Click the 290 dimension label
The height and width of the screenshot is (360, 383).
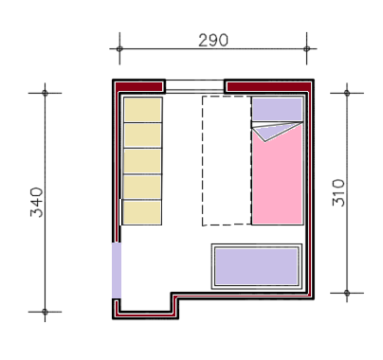pyautogui.click(x=213, y=40)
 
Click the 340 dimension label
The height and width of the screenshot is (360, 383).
pyautogui.click(x=37, y=202)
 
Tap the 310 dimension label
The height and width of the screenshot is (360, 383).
pyautogui.click(x=338, y=192)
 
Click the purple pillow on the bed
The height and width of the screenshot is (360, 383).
pyautogui.click(x=278, y=109)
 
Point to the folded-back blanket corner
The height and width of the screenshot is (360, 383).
pyautogui.click(x=272, y=132)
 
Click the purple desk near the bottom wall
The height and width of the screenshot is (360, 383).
pyautogui.click(x=256, y=266)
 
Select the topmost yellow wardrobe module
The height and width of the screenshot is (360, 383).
pyautogui.click(x=143, y=109)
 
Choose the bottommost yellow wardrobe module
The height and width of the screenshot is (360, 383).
pyautogui.click(x=142, y=212)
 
